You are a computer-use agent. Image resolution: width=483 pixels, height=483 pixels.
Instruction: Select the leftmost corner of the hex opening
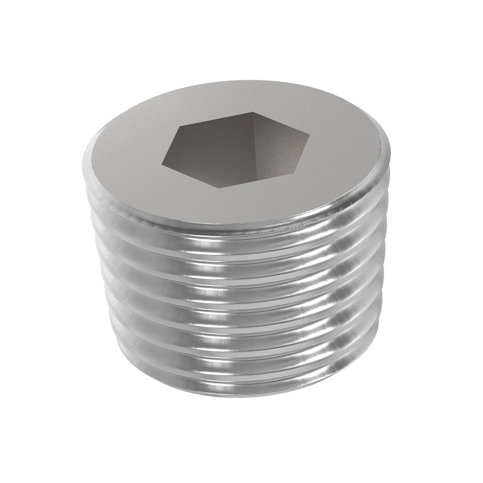pyautogui.click(x=162, y=164)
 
